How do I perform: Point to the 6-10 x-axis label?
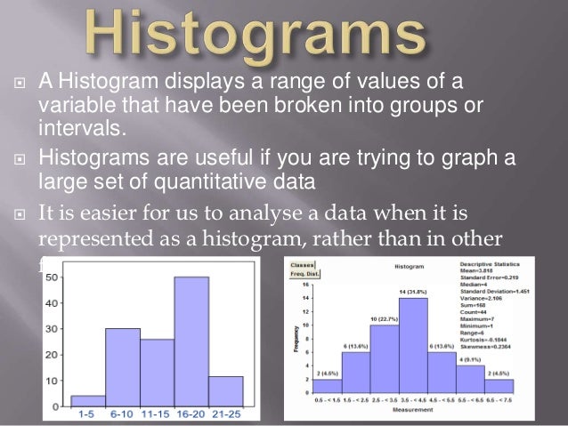coord(122,415)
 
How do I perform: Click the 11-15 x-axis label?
coord(157,415)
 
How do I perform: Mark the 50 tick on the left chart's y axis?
coord(54,277)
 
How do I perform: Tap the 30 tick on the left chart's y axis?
coord(54,328)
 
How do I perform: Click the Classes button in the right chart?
coord(302,265)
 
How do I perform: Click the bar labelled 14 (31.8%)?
coord(413,346)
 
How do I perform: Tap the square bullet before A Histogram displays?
coord(20,84)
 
